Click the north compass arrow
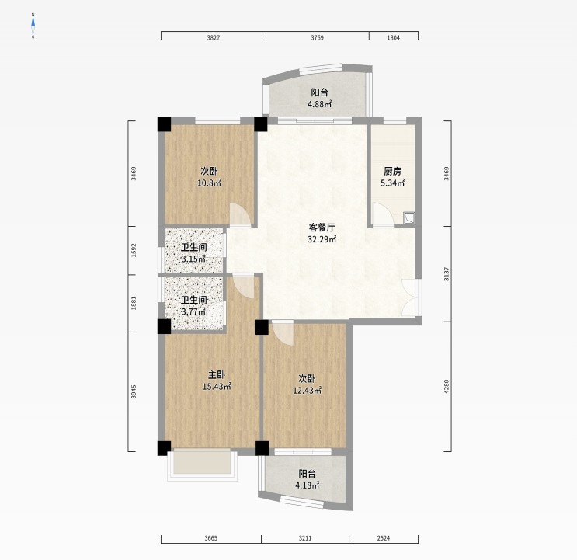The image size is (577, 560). [x=33, y=23]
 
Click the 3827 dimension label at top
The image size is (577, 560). [x=214, y=37]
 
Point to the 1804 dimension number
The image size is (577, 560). [x=394, y=37]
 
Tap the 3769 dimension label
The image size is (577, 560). [x=317, y=37]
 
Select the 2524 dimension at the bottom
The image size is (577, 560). [x=384, y=538]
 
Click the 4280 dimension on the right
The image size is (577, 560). [x=447, y=387]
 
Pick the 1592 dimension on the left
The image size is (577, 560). [x=134, y=250]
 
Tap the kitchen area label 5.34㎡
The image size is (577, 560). [x=393, y=183]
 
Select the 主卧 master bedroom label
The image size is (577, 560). [x=217, y=375]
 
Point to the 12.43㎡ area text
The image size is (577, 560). [x=308, y=391]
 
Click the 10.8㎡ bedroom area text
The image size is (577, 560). [x=210, y=183]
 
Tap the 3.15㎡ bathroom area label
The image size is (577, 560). [x=193, y=259]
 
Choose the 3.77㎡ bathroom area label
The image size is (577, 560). [x=193, y=311]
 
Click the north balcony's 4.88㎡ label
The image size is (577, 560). [x=320, y=104]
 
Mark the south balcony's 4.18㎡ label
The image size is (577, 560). [x=308, y=485]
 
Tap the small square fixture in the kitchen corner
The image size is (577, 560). [x=408, y=218]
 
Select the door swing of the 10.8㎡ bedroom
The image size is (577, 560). [x=240, y=214]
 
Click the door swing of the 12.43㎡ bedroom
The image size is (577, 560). [x=283, y=333]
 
